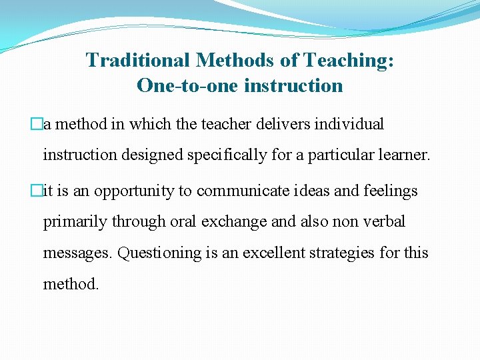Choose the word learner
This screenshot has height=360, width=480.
point(405,156)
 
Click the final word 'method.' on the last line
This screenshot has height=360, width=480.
point(71,284)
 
